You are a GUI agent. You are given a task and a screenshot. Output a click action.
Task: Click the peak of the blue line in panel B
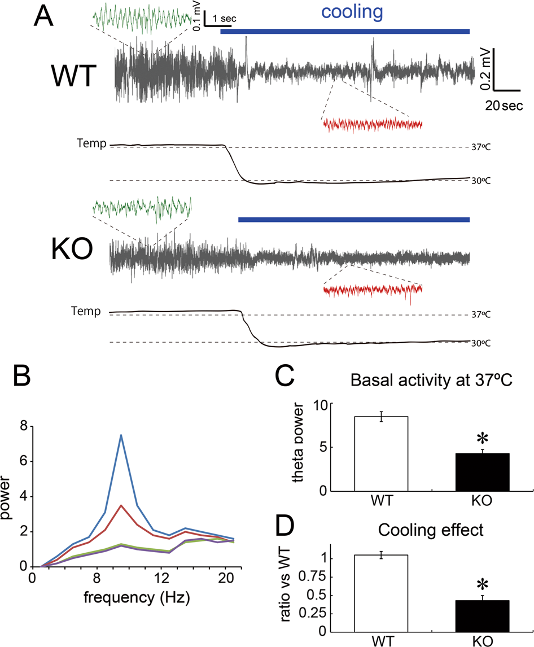121,435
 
